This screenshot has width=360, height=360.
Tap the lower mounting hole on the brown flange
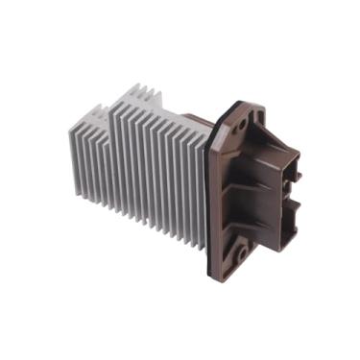(242, 252)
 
